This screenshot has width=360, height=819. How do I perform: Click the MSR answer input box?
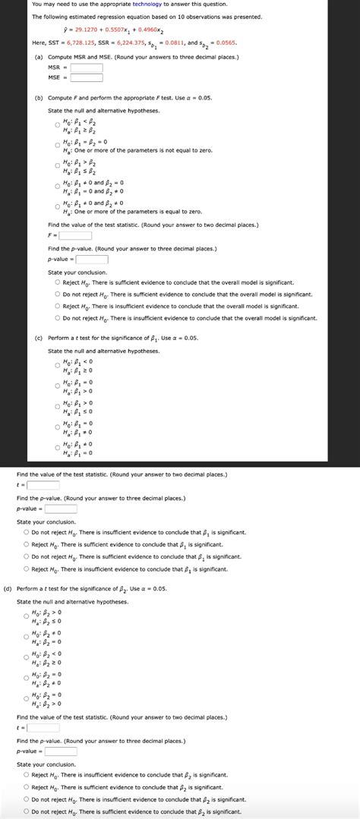tap(87, 67)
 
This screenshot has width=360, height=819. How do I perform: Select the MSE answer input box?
tap(87, 77)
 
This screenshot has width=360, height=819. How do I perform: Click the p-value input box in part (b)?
tap(92, 259)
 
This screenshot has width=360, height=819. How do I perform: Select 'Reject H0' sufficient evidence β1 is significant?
tap(26, 544)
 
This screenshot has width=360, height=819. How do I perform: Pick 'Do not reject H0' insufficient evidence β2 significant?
tap(26, 799)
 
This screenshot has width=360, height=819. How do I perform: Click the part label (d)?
tap(7, 588)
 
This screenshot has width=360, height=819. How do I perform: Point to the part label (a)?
tap(38, 57)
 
